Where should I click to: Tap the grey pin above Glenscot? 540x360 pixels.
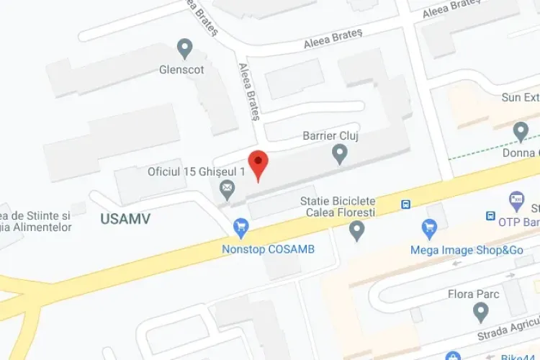click(x=185, y=50)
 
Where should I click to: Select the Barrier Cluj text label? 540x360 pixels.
click(x=330, y=136)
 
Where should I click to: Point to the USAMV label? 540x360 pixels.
click(x=125, y=219)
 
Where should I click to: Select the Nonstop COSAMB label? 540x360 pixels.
click(x=268, y=250)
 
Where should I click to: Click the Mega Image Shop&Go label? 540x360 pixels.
click(x=456, y=251)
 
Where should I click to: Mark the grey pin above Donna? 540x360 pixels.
click(x=521, y=132)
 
